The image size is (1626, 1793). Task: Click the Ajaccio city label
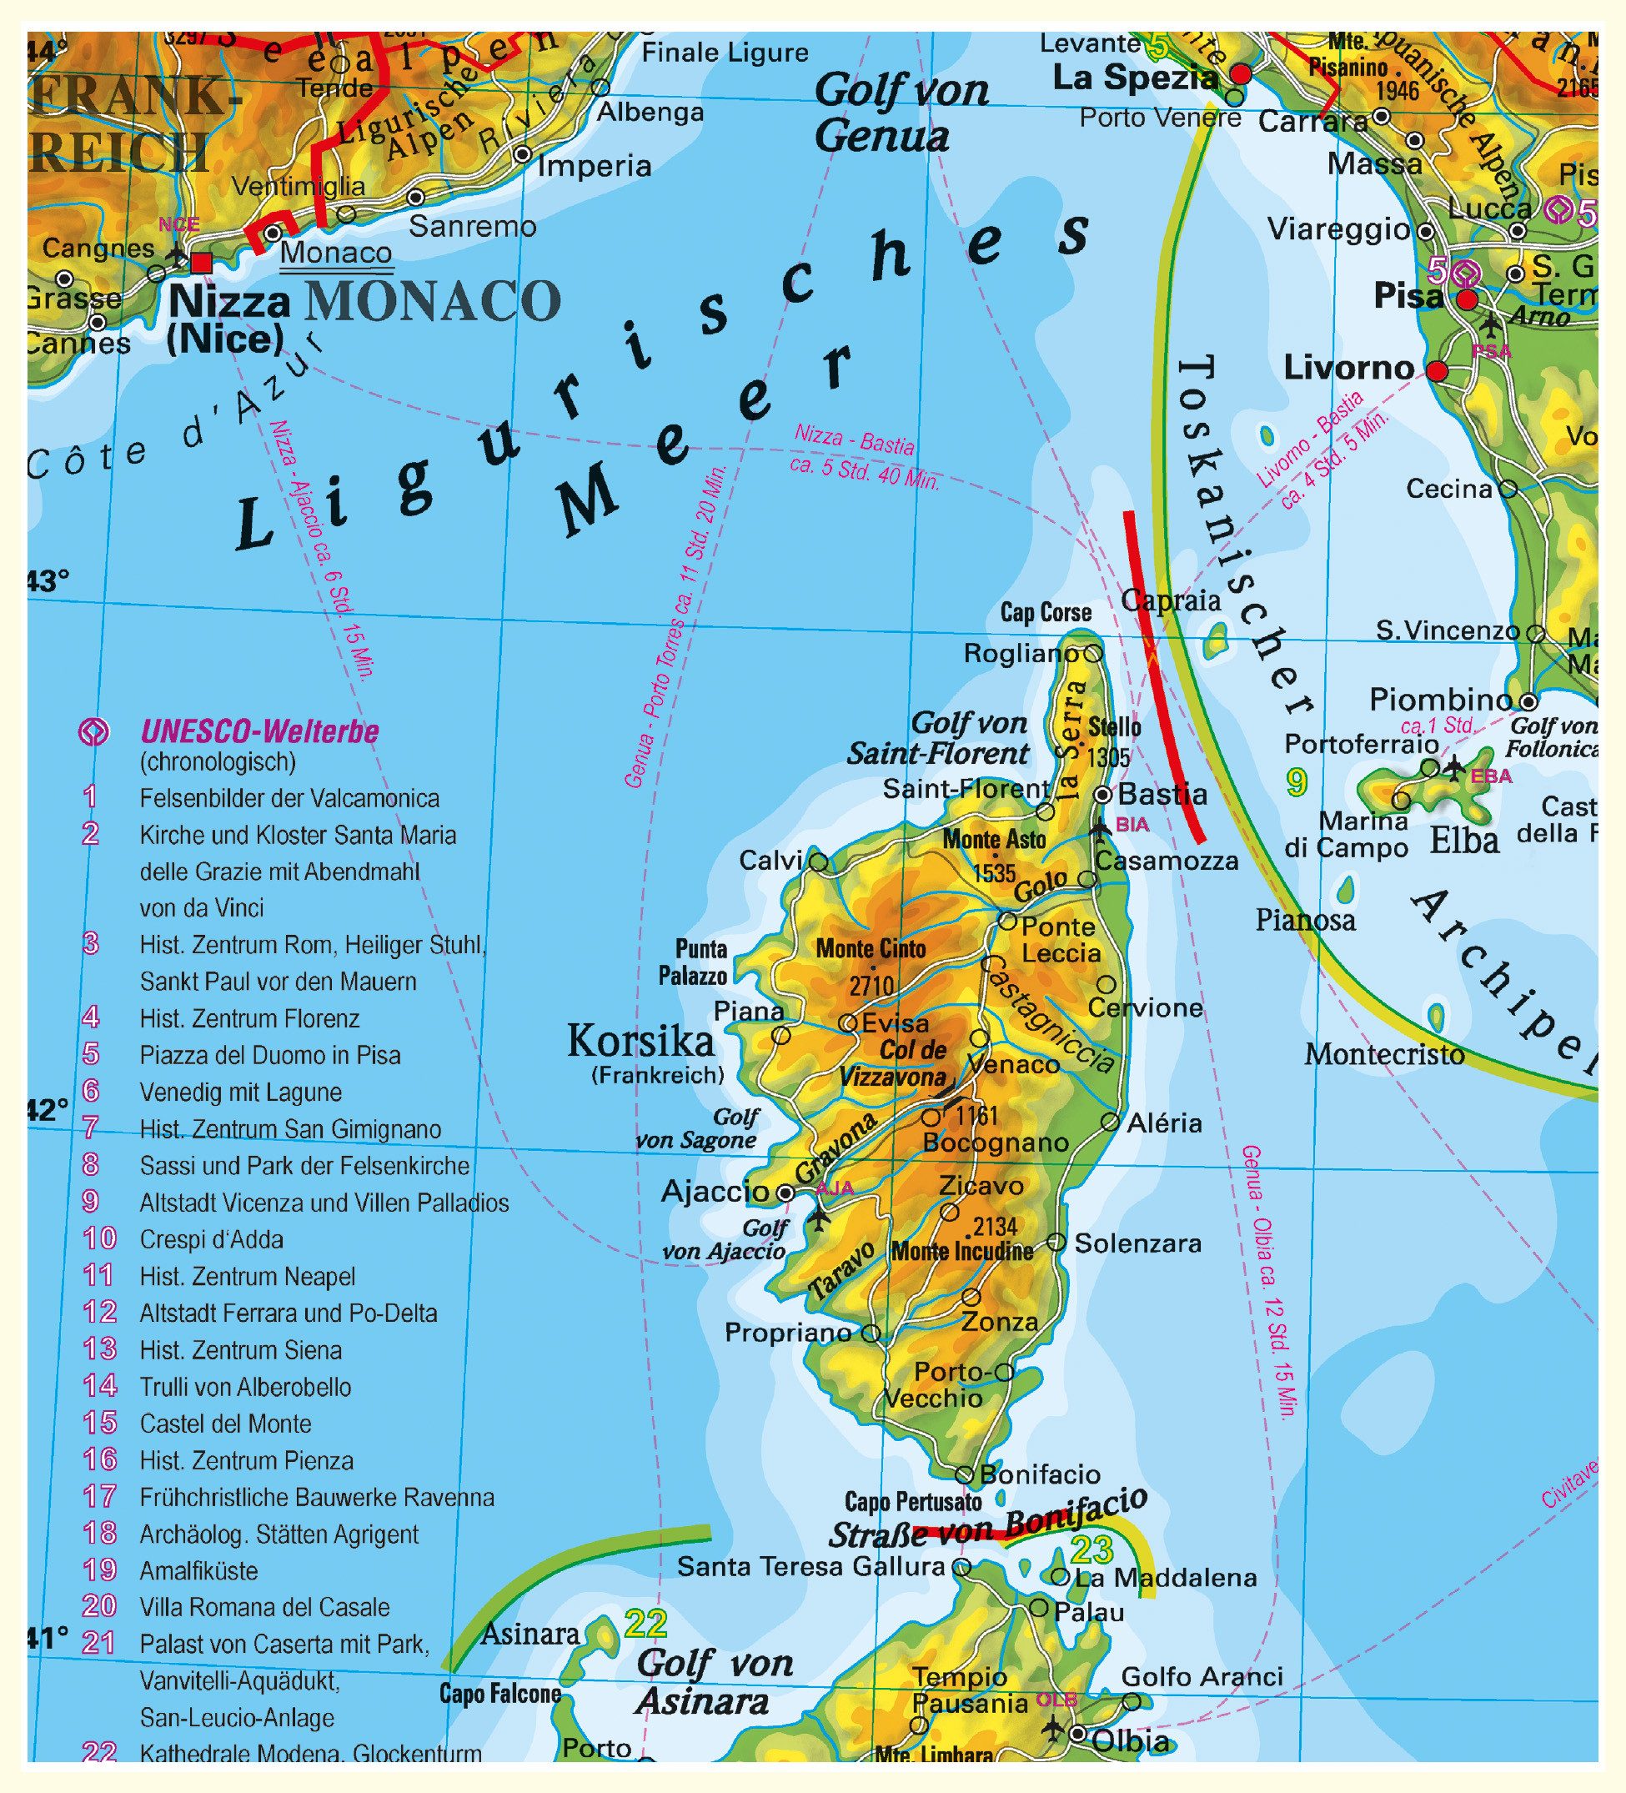pyautogui.click(x=715, y=1191)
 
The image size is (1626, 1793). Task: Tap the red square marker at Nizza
pyautogui.click(x=202, y=263)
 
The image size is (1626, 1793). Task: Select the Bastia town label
pyautogui.click(x=1162, y=793)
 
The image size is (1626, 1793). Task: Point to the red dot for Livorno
pyautogui.click(x=1437, y=371)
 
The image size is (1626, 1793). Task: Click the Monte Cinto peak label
pyautogui.click(x=870, y=949)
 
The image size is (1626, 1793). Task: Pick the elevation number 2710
pyautogui.click(x=870, y=986)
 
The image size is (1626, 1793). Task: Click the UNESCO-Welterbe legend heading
pyautogui.click(x=258, y=732)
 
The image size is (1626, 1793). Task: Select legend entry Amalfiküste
pyautogui.click(x=198, y=1570)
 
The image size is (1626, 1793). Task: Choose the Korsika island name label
pyautogui.click(x=640, y=1041)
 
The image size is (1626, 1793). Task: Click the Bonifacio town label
pyautogui.click(x=1040, y=1474)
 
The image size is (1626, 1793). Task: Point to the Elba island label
pyautogui.click(x=1464, y=841)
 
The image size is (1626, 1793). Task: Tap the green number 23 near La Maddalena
pyautogui.click(x=1092, y=1550)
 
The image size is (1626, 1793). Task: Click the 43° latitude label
pyautogui.click(x=48, y=581)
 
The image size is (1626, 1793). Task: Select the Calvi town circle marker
pyautogui.click(x=818, y=861)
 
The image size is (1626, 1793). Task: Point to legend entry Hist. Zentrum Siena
pyautogui.click(x=240, y=1350)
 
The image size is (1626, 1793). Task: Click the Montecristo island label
pyautogui.click(x=1384, y=1055)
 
